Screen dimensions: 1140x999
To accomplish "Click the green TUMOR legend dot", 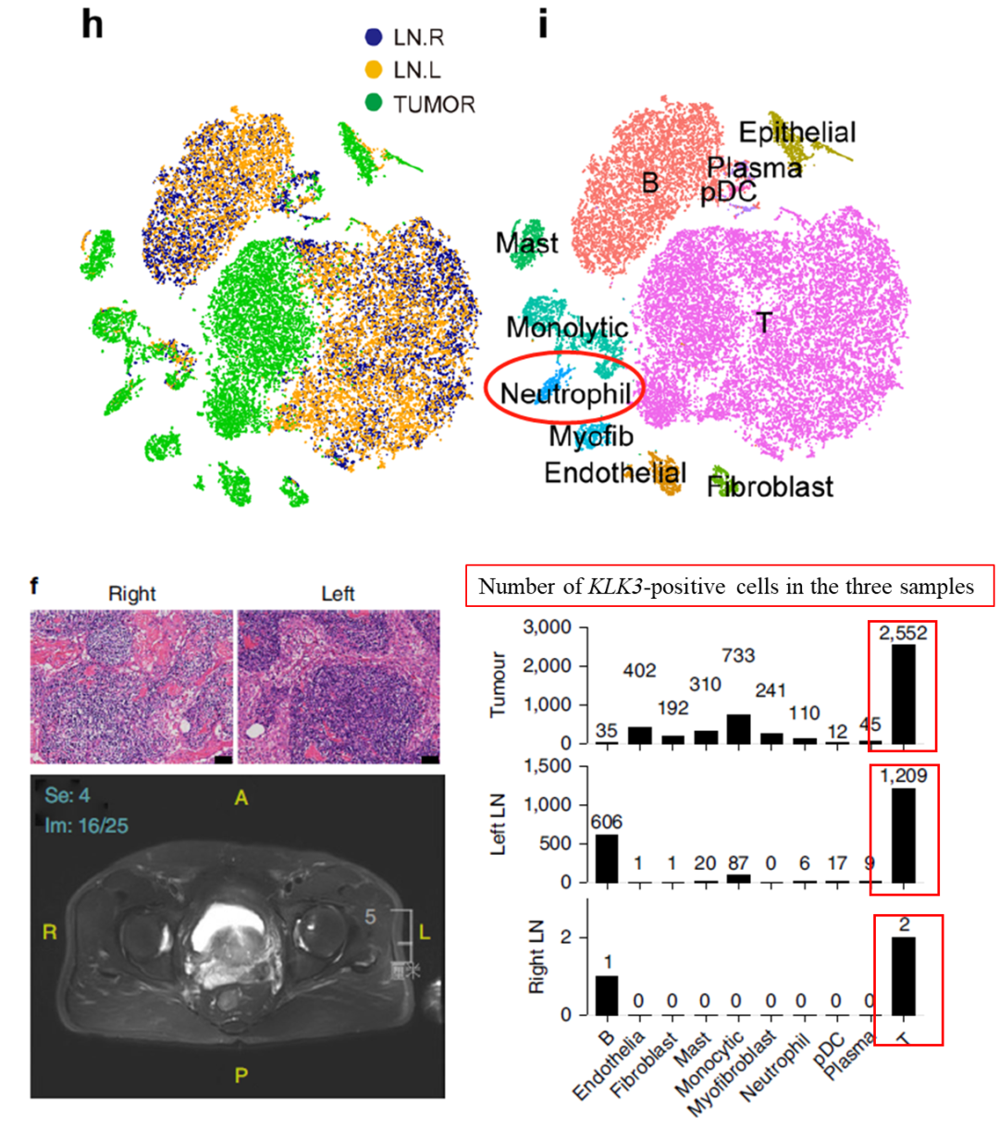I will pyautogui.click(x=373, y=102).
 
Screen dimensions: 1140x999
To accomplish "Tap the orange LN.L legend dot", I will pyautogui.click(x=373, y=70).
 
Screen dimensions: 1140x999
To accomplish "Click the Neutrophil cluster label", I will pyautogui.click(x=565, y=394).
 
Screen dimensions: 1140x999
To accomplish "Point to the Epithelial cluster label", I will pyautogui.click(x=797, y=132).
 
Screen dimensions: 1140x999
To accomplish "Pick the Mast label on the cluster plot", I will pyautogui.click(x=526, y=243).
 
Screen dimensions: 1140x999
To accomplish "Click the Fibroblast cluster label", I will pyautogui.click(x=770, y=487).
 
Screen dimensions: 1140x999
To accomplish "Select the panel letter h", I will pyautogui.click(x=92, y=25).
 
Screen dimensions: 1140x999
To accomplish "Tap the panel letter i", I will pyautogui.click(x=543, y=24).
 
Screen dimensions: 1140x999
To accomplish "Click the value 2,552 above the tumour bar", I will pyautogui.click(x=903, y=633).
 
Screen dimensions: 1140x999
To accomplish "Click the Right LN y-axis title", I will pyautogui.click(x=537, y=958).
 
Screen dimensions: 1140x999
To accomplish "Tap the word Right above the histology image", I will pyautogui.click(x=131, y=594).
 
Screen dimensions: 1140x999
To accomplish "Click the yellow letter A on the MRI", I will pyautogui.click(x=240, y=797).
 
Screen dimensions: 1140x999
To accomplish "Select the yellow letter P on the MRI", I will pyautogui.click(x=240, y=1075).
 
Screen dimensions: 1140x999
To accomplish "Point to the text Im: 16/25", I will pyautogui.click(x=86, y=824).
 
